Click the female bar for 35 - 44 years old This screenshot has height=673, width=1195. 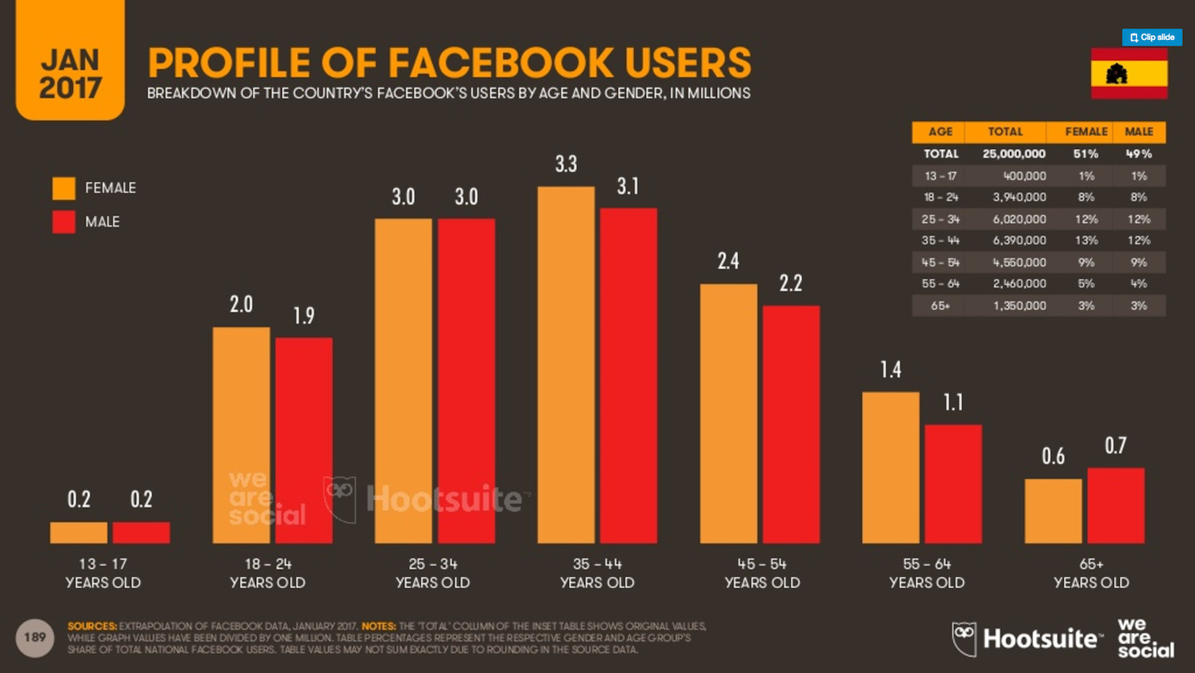pos(566,365)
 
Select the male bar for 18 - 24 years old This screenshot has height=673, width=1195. pos(304,440)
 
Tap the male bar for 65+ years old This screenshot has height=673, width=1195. pos(1116,506)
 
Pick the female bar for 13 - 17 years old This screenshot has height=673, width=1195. pos(78,533)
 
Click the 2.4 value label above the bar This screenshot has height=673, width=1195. pos(728,261)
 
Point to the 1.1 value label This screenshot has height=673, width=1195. pos(953,402)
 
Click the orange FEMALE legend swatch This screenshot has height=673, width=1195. pos(64,188)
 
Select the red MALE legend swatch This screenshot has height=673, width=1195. pos(64,222)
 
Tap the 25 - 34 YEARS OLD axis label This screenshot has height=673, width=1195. pos(432,573)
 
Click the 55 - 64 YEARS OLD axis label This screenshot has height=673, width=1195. pos(927,573)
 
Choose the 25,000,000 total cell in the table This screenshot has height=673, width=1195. pos(1014,154)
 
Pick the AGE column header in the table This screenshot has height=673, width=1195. pos(940,131)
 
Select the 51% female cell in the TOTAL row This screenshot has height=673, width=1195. pos(1085,154)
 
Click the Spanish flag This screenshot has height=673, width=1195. pos(1129,73)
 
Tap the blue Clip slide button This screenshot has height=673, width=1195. pos(1152,38)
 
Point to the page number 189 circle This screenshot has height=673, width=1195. pos(34,638)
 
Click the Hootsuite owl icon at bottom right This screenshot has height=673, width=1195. pos(964,639)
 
